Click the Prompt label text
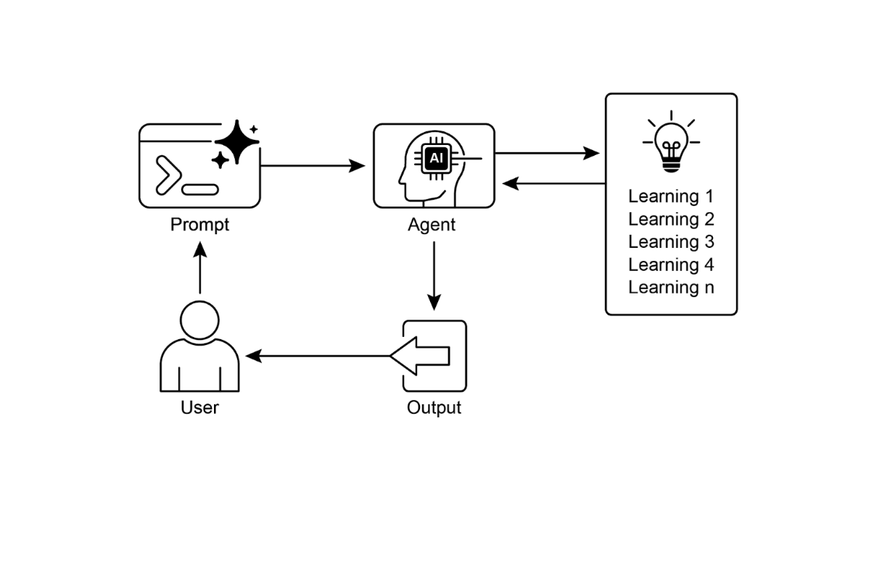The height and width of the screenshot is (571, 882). coord(199,225)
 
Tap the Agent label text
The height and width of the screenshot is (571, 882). coord(432,225)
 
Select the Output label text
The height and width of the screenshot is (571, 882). coord(434,407)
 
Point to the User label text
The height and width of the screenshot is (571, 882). coord(199,407)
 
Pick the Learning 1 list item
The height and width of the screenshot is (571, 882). coord(671,196)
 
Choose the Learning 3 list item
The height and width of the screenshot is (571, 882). coord(671,241)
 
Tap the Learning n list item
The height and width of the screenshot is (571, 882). coord(671,287)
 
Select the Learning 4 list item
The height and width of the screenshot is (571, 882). coord(671,264)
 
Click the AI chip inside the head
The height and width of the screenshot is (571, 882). coord(435,157)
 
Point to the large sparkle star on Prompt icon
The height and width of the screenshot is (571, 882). coord(236,142)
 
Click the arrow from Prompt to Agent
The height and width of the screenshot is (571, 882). coord(312,166)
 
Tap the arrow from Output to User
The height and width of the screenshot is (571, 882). coord(319,356)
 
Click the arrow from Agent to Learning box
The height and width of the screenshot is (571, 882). coord(548,153)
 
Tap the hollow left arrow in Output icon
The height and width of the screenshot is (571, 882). coord(421,356)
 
